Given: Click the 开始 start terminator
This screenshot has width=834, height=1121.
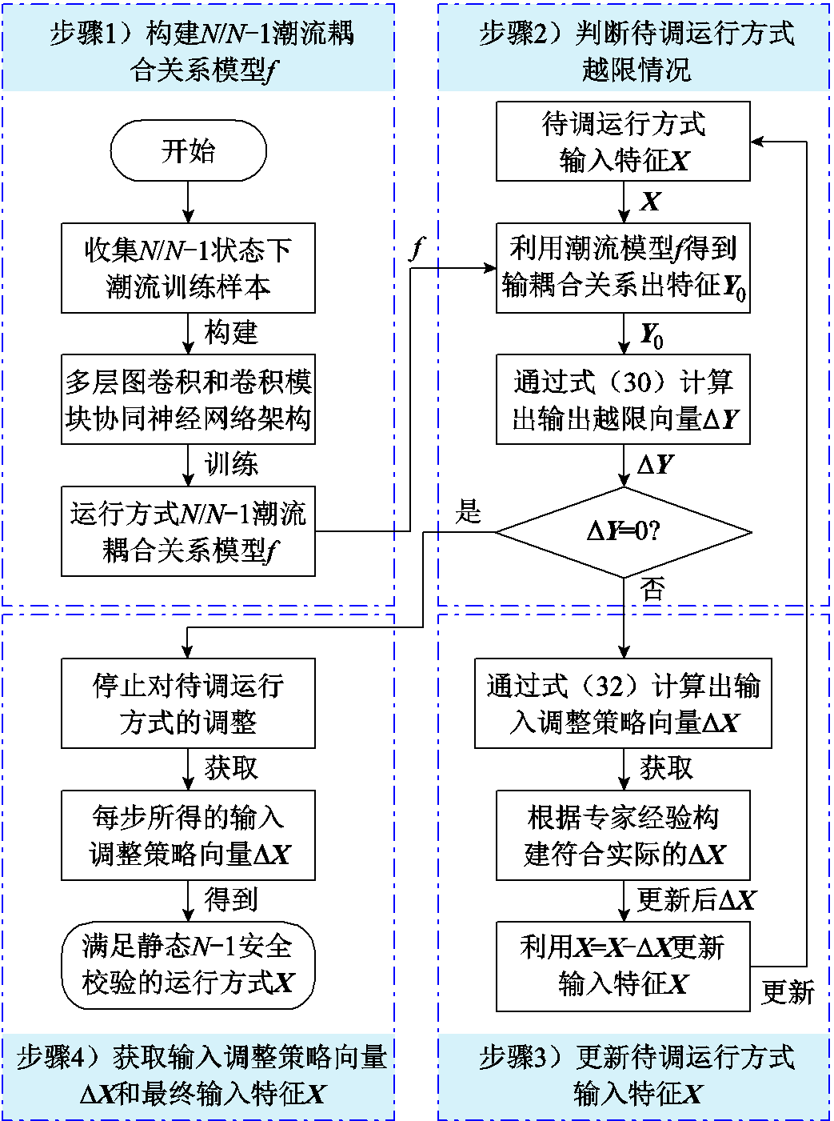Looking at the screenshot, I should (x=188, y=150).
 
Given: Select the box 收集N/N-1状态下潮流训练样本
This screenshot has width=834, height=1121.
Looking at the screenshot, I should (x=188, y=267).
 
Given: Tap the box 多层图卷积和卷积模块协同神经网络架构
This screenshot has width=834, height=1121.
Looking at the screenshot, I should (x=188, y=399).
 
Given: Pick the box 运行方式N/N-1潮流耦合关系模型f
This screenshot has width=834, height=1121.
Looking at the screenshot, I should (x=188, y=531).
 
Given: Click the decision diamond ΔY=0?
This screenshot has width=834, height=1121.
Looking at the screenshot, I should (x=623, y=531).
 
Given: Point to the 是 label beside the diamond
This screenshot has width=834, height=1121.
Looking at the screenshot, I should (x=468, y=511).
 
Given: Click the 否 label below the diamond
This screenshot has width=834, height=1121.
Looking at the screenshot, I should (x=652, y=591).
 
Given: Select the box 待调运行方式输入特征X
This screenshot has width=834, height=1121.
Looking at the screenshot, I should (x=623, y=141).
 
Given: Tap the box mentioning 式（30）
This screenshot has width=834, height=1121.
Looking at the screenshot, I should (x=623, y=399).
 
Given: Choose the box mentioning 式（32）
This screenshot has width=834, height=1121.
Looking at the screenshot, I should (x=623, y=703).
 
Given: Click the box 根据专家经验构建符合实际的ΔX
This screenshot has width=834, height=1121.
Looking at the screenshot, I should (x=623, y=835).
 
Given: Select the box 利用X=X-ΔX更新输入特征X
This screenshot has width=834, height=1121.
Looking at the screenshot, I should (x=623, y=966).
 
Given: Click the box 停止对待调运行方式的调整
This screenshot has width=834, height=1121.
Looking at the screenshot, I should (x=188, y=703).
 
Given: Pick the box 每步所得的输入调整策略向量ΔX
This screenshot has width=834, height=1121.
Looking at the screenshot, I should (x=188, y=835).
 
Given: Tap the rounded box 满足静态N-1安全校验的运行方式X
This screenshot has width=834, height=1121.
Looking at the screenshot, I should (x=188, y=965).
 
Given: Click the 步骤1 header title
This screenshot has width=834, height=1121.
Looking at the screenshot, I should (x=200, y=51).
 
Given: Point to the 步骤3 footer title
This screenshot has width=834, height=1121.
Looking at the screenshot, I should (x=636, y=1075).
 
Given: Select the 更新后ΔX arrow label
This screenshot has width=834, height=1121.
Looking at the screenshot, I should (x=696, y=900).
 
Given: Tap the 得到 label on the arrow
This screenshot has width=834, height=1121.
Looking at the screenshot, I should (x=231, y=900).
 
